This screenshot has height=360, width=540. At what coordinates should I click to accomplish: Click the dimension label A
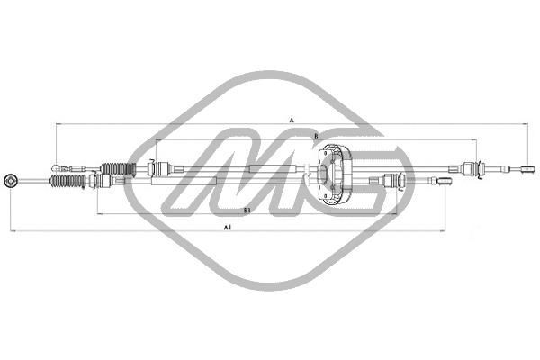coord(292,119)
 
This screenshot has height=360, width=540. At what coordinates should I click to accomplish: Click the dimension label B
coord(316,136)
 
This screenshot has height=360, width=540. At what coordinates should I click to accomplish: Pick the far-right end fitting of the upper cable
coord(519,167)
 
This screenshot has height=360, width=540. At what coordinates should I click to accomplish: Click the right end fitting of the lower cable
coord(445,181)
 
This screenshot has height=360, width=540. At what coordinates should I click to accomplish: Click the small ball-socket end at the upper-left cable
coord(57,167)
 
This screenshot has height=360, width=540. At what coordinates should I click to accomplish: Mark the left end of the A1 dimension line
coord(13,232)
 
